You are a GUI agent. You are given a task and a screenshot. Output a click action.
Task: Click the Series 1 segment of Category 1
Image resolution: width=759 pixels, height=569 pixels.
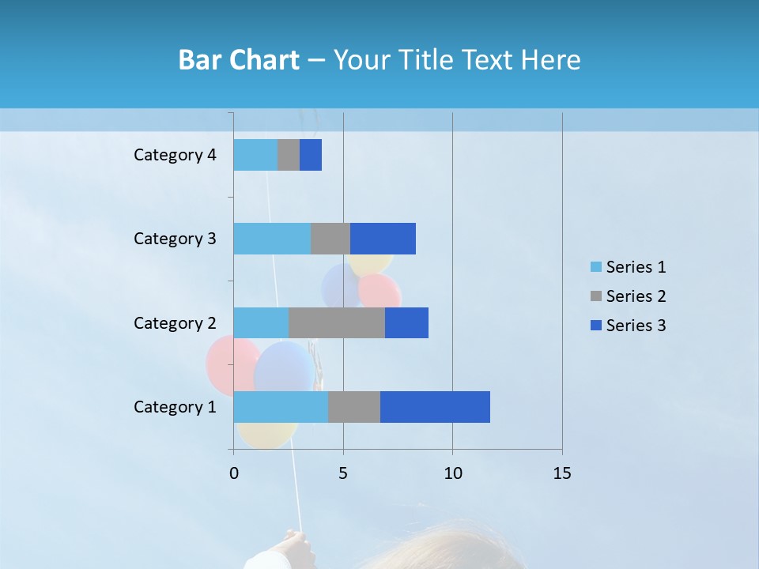click(281, 407)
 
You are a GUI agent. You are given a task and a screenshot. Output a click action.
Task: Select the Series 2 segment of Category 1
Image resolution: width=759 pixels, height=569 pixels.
click(354, 407)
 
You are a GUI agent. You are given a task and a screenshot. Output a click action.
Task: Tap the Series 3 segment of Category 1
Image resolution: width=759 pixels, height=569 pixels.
click(435, 407)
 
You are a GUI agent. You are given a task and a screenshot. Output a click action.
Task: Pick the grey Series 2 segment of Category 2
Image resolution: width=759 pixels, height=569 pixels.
click(337, 322)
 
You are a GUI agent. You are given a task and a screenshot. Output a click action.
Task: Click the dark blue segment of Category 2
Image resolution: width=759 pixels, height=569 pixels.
click(406, 322)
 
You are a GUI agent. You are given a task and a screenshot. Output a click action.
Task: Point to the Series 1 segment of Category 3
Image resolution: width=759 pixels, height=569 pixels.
click(272, 239)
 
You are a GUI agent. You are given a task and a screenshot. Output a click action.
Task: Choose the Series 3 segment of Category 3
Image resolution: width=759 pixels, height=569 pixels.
click(383, 239)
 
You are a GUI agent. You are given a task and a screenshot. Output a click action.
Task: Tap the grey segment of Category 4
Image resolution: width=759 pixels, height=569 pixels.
click(289, 155)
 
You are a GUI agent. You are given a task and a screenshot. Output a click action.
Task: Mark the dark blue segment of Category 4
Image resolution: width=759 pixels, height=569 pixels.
click(311, 155)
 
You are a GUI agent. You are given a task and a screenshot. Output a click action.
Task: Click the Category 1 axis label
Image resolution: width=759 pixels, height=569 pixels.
click(175, 407)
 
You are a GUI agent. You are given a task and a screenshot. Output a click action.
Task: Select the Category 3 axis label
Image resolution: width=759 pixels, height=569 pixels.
click(175, 239)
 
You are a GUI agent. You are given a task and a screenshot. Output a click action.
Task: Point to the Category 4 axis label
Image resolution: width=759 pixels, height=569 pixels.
click(175, 155)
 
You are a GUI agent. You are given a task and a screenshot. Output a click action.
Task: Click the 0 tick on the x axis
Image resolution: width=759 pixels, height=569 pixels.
click(234, 473)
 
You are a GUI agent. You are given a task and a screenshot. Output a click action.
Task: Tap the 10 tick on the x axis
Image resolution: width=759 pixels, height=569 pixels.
click(452, 473)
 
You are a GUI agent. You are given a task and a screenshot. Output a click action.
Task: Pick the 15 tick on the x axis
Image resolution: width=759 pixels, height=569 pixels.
click(562, 473)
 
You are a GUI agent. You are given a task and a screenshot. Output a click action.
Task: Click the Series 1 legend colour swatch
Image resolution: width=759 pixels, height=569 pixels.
click(595, 267)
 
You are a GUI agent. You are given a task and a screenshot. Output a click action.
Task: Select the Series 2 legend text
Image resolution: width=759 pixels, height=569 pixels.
click(636, 296)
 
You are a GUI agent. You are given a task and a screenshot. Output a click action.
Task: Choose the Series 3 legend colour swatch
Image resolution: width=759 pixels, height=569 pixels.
click(595, 326)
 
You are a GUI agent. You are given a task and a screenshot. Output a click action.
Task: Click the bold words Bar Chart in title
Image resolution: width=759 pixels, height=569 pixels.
click(239, 60)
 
